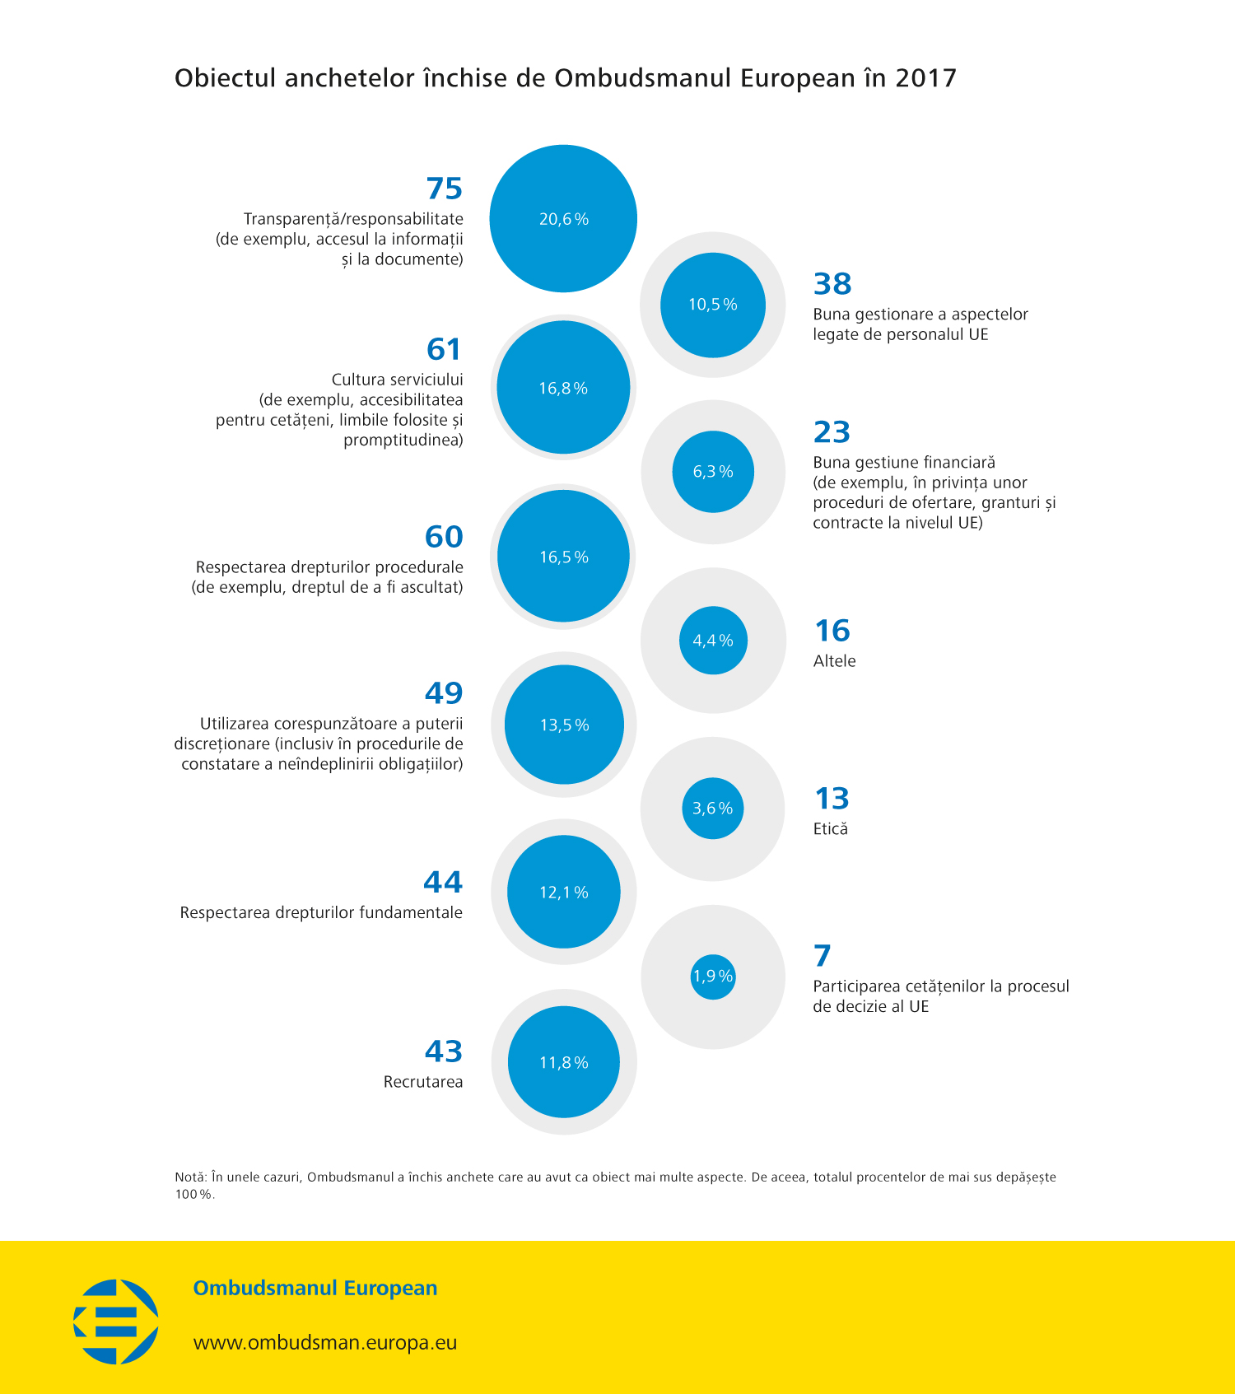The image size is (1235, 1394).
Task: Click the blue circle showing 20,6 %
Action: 563,218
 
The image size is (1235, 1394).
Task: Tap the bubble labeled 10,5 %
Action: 713,305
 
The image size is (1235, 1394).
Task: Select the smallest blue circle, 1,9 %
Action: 713,977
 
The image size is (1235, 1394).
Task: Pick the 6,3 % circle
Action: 713,472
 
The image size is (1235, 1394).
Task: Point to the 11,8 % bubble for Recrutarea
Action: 564,1062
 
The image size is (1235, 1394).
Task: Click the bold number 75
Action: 445,189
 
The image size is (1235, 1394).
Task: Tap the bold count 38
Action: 832,284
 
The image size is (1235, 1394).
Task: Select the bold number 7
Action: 823,956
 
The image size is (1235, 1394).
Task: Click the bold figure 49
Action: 444,693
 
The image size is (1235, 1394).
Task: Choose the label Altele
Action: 834,661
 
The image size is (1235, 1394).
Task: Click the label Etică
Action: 830,829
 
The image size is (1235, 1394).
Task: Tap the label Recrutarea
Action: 423,1082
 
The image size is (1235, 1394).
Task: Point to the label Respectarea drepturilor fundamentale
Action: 321,912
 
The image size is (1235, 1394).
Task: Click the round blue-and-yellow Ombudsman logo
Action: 116,1321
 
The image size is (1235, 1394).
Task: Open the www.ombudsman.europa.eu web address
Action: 325,1342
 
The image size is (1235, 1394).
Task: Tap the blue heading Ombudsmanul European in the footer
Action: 315,1288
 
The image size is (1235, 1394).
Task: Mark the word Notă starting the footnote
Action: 189,1177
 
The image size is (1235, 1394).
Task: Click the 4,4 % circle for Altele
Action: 713,641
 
